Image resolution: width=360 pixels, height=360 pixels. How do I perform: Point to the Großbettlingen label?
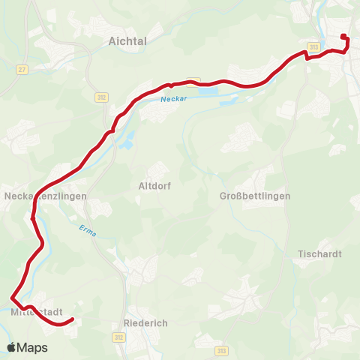click(x=252, y=196)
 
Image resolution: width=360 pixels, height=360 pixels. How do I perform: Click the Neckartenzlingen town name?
click(x=46, y=196)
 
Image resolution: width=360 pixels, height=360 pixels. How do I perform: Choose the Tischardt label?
click(x=319, y=254)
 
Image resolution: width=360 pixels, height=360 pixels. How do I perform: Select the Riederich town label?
click(x=145, y=322)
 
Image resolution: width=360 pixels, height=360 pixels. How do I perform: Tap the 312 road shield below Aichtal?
click(x=102, y=97)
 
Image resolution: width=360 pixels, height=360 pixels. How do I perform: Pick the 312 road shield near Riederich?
click(x=118, y=337)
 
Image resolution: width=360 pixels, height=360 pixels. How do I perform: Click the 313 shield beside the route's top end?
click(x=314, y=46)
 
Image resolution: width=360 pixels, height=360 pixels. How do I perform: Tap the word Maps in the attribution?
click(x=33, y=348)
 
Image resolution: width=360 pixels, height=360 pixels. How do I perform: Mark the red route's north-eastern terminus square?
click(x=343, y=37)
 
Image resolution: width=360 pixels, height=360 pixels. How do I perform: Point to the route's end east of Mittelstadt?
click(x=73, y=319)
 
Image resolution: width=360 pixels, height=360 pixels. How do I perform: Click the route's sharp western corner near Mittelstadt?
click(x=12, y=295)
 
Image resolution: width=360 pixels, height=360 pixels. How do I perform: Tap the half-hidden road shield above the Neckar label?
click(x=196, y=79)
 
